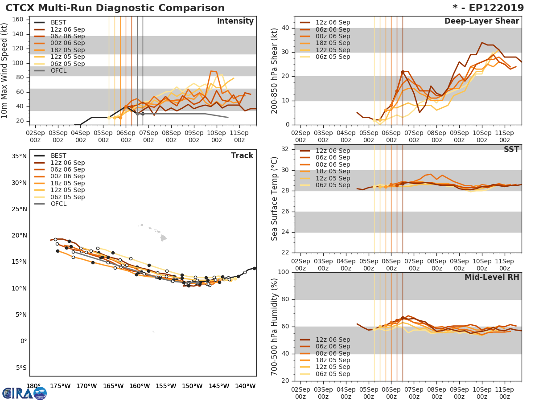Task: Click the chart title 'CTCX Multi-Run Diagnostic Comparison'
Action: pos(115,8)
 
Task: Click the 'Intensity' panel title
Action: pos(235,21)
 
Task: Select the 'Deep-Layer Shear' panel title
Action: pos(481,21)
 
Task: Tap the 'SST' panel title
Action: pos(511,150)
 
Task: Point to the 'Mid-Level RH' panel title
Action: pos(492,278)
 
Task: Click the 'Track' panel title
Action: pos(242,155)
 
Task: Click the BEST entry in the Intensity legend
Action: pos(58,22)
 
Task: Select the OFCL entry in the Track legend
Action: pos(58,204)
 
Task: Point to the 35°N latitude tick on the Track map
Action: pos(19,156)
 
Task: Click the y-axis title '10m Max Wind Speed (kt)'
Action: pos(5,71)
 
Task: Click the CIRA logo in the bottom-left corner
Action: pos(25,393)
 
